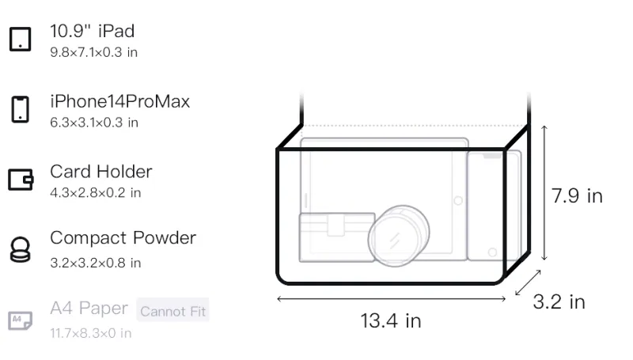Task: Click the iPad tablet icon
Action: tap(21, 39)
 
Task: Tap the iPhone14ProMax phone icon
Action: tap(21, 109)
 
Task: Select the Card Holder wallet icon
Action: tap(21, 179)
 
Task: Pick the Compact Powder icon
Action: tap(21, 250)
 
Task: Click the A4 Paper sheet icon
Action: tap(21, 320)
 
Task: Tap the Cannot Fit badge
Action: tap(172, 311)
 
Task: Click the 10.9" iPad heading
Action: tap(92, 31)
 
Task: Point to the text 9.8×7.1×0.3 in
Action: tap(93, 52)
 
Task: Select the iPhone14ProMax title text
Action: tap(120, 101)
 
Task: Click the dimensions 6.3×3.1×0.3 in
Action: tap(94, 123)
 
